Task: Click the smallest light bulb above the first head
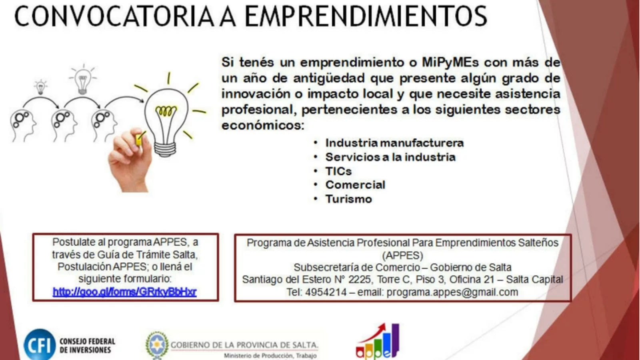[40, 87]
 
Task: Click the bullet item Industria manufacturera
[394, 143]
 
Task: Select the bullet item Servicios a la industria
[390, 157]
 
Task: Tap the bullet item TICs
[338, 171]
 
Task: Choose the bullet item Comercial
[355, 184]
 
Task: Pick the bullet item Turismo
[348, 199]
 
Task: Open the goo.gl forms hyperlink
[125, 292]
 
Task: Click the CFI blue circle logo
[40, 345]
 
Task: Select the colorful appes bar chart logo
[377, 342]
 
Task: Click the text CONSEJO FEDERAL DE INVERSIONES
[88, 345]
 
